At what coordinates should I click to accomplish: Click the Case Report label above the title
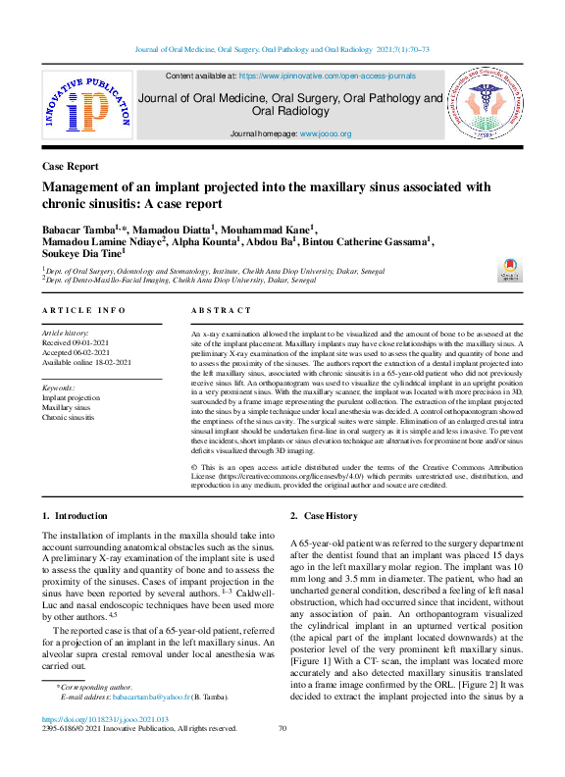coord(71,167)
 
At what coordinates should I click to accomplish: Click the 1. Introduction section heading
coord(75,516)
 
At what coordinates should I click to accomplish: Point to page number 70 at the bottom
coord(282,728)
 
